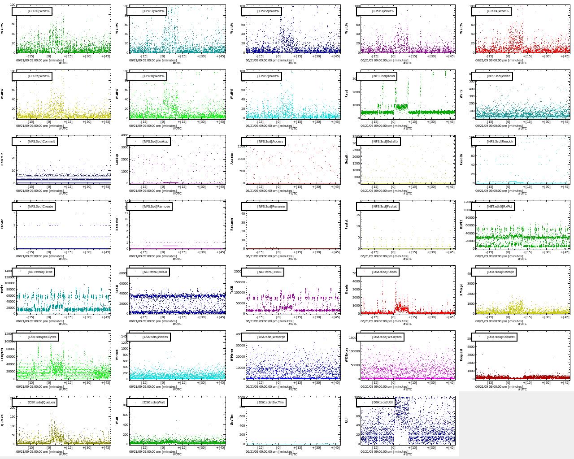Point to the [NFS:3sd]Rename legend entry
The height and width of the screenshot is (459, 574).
coord(264,207)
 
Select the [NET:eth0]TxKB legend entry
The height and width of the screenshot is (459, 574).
coord(263,272)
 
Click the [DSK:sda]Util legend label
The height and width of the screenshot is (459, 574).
coord(376,402)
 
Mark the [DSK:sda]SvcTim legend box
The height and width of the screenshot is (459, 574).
coord(264,402)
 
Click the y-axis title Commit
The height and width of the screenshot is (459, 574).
coord(2,159)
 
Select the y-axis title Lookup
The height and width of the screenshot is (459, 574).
coord(117,159)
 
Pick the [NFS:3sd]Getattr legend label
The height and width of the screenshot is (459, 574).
coord(379,141)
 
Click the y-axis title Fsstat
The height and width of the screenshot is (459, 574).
coord(347,224)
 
